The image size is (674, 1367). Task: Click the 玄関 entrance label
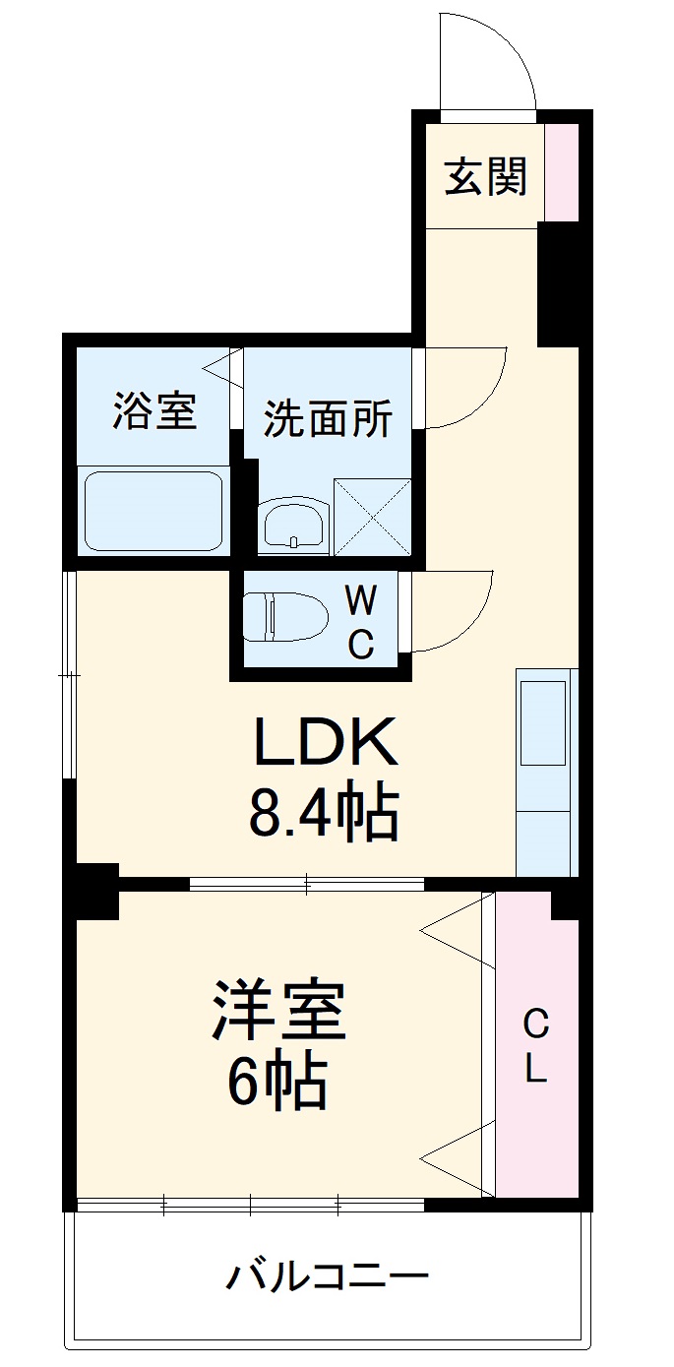(486, 176)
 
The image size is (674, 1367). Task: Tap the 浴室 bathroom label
(154, 410)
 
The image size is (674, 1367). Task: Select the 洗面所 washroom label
(328, 419)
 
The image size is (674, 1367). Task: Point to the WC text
(361, 621)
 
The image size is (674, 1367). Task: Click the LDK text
(327, 744)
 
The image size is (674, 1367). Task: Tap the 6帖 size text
(276, 1084)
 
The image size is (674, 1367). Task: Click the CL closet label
(535, 1046)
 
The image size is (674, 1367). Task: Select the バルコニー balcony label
(328, 1278)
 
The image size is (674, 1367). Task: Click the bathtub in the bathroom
(153, 511)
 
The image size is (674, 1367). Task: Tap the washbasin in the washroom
(293, 522)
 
